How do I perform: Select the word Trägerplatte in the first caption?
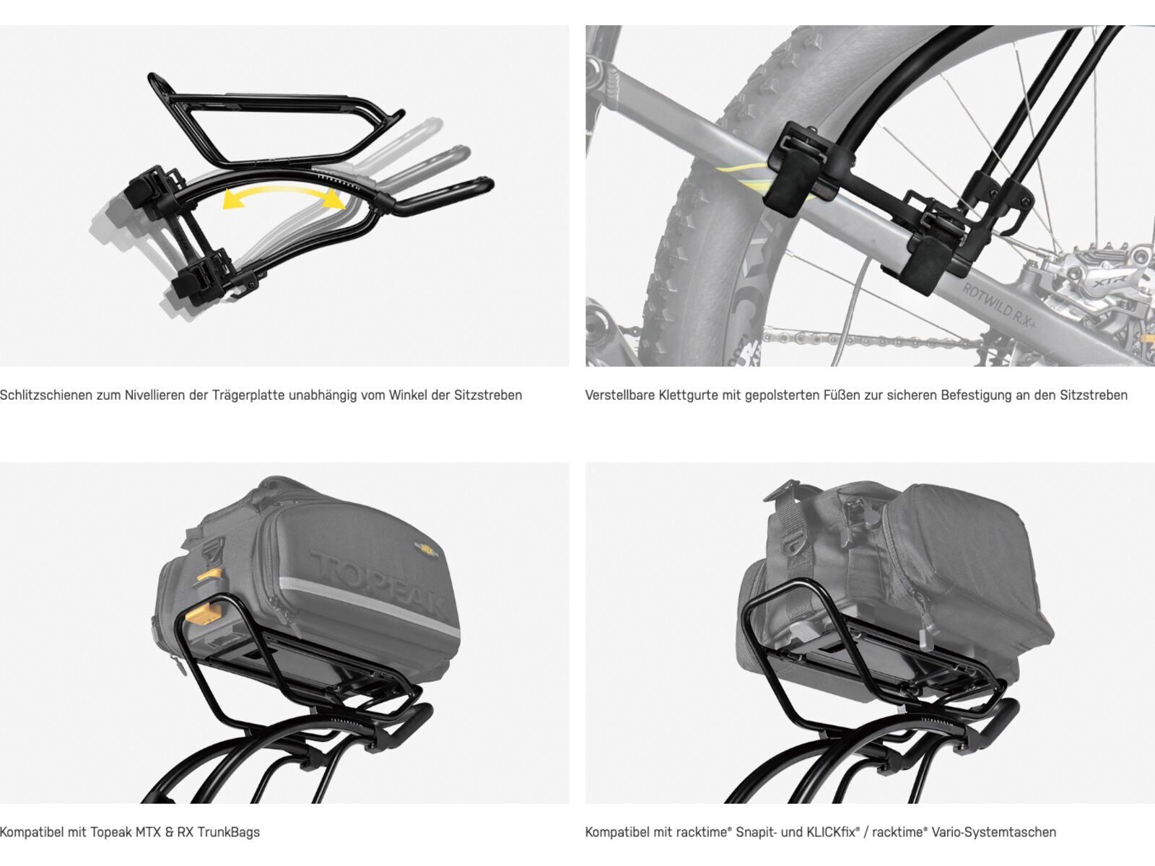(x=246, y=395)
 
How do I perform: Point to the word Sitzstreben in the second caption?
(x=1093, y=395)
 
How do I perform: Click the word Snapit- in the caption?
(x=752, y=832)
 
